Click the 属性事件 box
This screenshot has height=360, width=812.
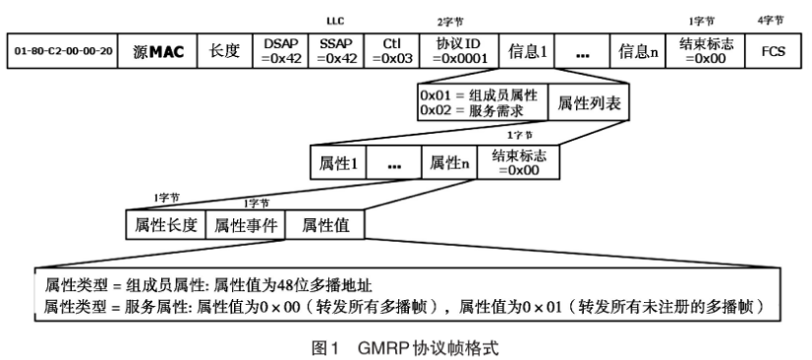tap(245, 225)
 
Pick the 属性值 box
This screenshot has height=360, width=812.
tap(325, 225)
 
